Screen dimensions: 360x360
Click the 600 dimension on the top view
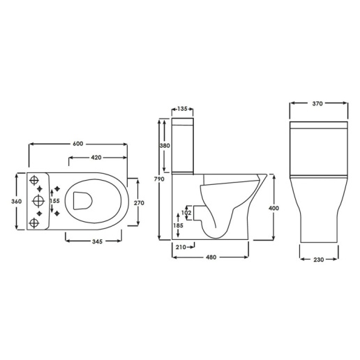[77, 144]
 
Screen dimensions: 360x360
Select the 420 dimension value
[96, 158]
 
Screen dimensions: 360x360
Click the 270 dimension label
[138, 202]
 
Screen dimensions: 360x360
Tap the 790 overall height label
[159, 180]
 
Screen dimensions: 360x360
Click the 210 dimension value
[181, 247]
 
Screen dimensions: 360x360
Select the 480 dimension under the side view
[211, 257]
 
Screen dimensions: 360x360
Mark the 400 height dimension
[273, 207]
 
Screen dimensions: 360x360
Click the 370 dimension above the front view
[317, 103]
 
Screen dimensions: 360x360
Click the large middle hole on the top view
[36, 202]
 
